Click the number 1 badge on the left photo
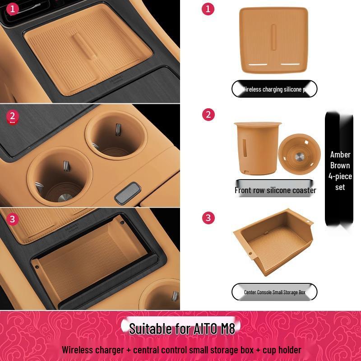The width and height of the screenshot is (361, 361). pos(13,9)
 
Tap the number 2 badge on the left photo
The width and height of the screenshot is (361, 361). pos(13,116)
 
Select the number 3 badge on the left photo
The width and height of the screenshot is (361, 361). pos(13,219)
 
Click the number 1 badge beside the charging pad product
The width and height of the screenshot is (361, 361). pos(208,9)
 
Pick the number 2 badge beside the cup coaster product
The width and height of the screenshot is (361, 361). pos(208,115)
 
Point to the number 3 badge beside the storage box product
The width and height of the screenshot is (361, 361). pos(208,218)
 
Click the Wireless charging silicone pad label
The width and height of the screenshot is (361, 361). pos(274,89)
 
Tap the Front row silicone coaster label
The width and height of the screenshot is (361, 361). pos(275,190)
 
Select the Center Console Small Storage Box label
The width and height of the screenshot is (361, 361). pos(274,292)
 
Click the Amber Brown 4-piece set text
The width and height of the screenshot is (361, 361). pos(340,171)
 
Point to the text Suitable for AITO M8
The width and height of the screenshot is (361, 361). pos(182,328)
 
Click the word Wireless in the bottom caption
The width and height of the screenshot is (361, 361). pos(77,350)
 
